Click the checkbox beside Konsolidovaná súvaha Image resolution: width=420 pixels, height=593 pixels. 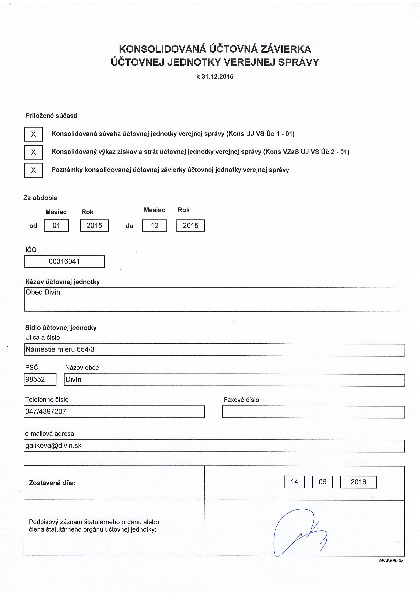click(x=33, y=134)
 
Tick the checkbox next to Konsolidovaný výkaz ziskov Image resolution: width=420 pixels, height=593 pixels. click(x=33, y=152)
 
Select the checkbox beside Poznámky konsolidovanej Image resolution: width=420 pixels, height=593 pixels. click(x=33, y=170)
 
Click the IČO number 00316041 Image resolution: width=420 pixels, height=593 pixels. click(x=64, y=261)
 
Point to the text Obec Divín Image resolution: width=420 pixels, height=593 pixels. click(x=43, y=292)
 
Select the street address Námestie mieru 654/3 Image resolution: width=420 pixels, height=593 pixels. click(x=60, y=350)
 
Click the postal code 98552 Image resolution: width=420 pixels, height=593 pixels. click(x=35, y=379)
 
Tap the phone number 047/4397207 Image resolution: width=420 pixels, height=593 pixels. click(x=46, y=411)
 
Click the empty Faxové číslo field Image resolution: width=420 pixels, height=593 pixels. click(x=313, y=412)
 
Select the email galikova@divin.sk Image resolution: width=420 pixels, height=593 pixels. click(x=54, y=446)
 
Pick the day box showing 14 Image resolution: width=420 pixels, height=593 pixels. click(x=294, y=482)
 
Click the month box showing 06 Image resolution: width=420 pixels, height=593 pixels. click(x=322, y=482)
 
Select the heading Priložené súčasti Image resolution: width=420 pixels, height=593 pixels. click(x=51, y=116)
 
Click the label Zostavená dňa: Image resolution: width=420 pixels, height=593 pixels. click(x=52, y=483)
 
